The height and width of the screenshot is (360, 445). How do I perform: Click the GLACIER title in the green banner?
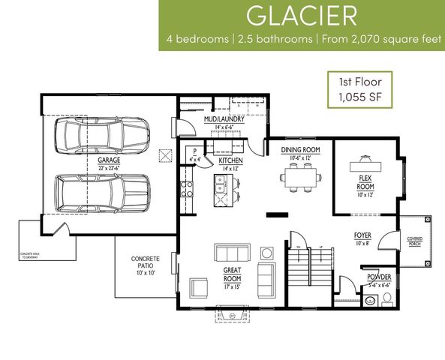point(302,16)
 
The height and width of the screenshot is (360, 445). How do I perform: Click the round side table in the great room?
point(265,251)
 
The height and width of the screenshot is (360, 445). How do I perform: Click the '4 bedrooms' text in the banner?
point(199,38)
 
